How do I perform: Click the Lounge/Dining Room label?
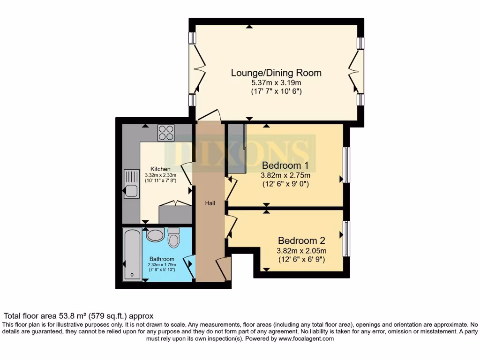click(276, 73)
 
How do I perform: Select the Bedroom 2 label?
click(301, 240)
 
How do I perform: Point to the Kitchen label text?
click(160, 169)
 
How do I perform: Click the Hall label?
click(210, 203)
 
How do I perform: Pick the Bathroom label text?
click(162, 259)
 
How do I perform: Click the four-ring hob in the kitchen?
click(166, 133)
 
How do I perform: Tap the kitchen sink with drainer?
click(130, 185)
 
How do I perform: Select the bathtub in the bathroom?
click(132, 255)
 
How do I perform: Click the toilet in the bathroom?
click(174, 238)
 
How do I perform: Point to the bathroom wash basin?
click(155, 235)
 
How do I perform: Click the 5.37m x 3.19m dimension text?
click(276, 83)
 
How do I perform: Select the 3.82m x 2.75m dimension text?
click(285, 176)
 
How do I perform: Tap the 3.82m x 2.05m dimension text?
click(301, 250)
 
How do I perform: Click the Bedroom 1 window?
click(346, 165)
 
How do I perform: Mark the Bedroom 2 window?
click(346, 239)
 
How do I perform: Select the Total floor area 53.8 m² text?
click(79, 316)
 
